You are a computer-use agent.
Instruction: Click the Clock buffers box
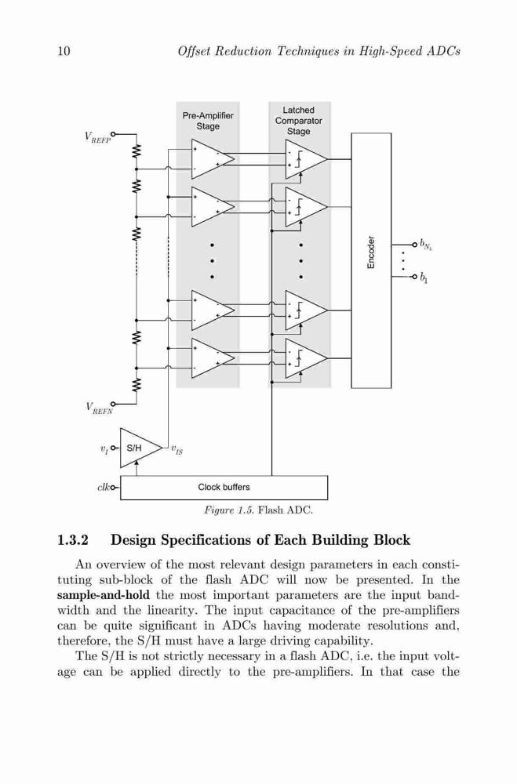pos(224,488)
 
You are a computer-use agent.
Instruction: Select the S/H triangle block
pos(140,448)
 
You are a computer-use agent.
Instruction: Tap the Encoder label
pos(371,252)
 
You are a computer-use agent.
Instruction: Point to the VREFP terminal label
pos(97,137)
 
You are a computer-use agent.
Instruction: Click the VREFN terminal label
pos(99,408)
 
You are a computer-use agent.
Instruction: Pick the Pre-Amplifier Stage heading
pos(208,121)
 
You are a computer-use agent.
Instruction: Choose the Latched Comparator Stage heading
pos(299,121)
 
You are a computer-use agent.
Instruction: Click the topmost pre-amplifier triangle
pos(211,159)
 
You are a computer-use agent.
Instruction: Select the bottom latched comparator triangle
pos(305,358)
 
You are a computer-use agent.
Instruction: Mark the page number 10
pos(64,51)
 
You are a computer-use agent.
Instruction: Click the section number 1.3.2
pos(73,540)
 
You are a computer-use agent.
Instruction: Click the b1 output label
pos(424,278)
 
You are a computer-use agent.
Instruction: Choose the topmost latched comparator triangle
pos(305,159)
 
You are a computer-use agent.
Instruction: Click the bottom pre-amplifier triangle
pos(211,358)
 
